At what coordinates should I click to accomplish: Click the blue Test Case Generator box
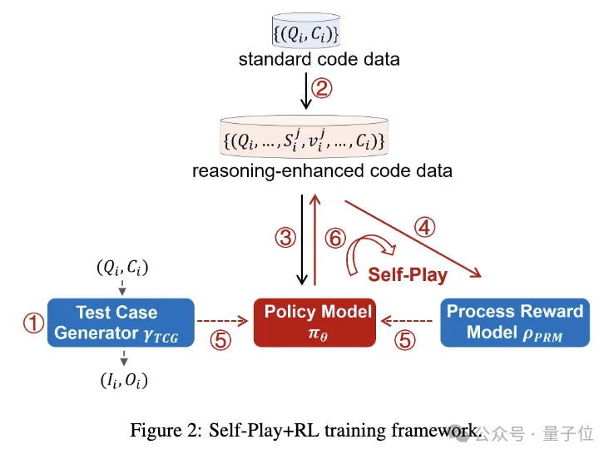121,322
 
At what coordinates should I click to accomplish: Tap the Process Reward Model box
514,322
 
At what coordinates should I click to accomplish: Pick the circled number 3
285,239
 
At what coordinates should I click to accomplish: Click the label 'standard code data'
307,59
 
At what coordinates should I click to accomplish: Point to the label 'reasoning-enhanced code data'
307,171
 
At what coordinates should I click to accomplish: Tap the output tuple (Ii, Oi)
121,382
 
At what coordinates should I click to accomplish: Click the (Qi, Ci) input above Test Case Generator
121,268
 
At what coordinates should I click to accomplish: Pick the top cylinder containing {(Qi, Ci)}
307,32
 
